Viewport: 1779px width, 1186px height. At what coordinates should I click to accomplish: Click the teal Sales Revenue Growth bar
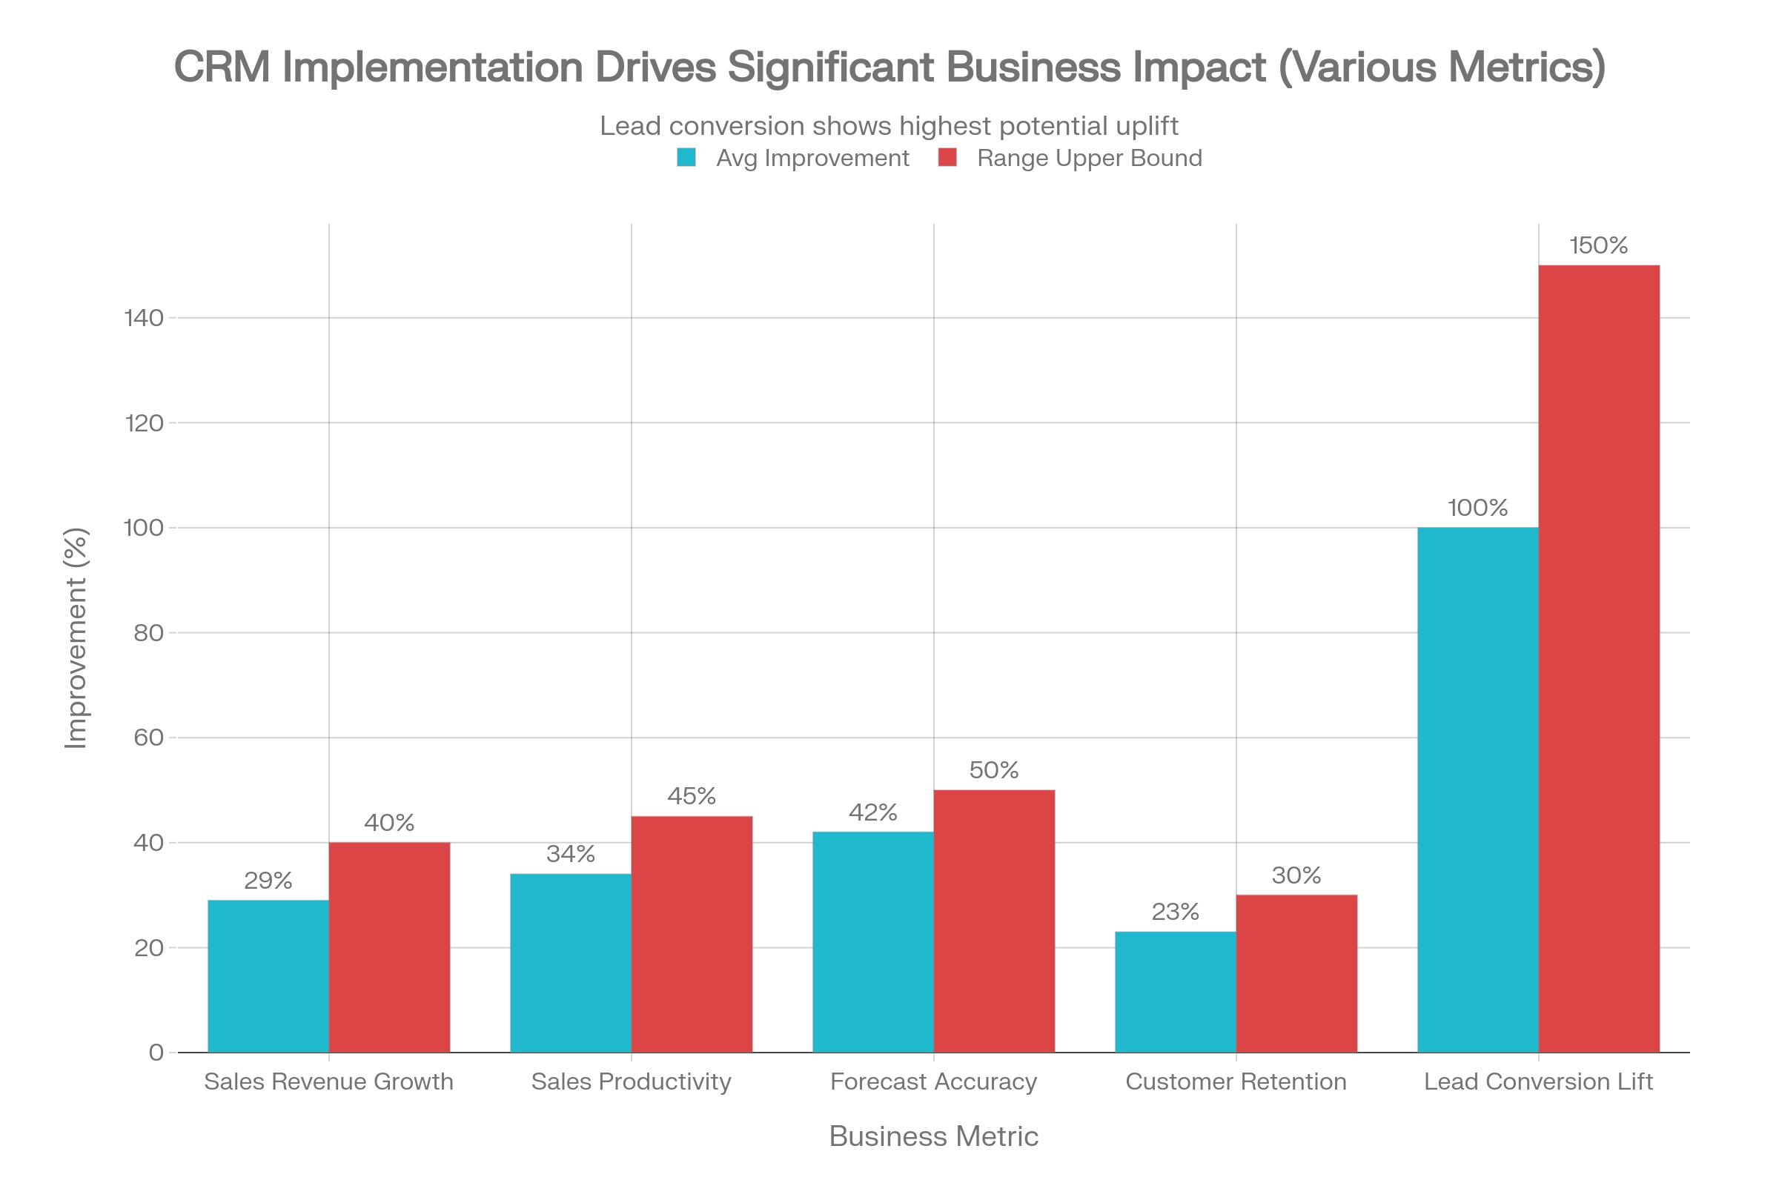pyautogui.click(x=268, y=975)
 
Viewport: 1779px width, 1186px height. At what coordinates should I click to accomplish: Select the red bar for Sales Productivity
pyautogui.click(x=692, y=934)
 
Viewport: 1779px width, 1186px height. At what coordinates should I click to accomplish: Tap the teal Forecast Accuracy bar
pyautogui.click(x=873, y=941)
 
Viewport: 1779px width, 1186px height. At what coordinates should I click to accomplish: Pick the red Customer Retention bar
pyautogui.click(x=1297, y=973)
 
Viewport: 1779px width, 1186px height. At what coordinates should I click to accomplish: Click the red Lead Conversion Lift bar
pyautogui.click(x=1600, y=658)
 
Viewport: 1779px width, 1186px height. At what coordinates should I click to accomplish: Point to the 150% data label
pyautogui.click(x=1598, y=246)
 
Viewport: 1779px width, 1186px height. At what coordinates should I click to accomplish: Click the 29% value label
pyautogui.click(x=268, y=881)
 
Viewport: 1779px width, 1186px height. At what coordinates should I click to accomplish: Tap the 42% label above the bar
pyautogui.click(x=873, y=812)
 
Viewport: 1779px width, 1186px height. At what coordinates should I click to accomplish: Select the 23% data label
pyautogui.click(x=1176, y=912)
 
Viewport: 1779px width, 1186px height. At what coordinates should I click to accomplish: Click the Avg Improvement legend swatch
pyautogui.click(x=686, y=158)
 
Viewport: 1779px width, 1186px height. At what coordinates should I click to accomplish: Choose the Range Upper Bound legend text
pyautogui.click(x=1089, y=158)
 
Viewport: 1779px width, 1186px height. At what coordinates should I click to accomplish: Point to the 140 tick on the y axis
pyautogui.click(x=144, y=319)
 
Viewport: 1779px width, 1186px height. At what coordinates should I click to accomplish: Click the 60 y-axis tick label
pyautogui.click(x=149, y=738)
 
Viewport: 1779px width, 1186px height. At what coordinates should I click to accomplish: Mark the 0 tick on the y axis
pyautogui.click(x=156, y=1053)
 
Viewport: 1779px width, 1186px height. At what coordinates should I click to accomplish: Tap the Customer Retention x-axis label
pyautogui.click(x=1236, y=1081)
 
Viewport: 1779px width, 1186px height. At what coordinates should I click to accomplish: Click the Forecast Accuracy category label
pyautogui.click(x=933, y=1081)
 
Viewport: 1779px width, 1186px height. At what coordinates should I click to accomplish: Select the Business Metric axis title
pyautogui.click(x=933, y=1137)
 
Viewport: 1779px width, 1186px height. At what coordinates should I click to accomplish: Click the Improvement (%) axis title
pyautogui.click(x=76, y=638)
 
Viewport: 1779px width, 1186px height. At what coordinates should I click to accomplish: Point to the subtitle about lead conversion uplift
pyautogui.click(x=889, y=125)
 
